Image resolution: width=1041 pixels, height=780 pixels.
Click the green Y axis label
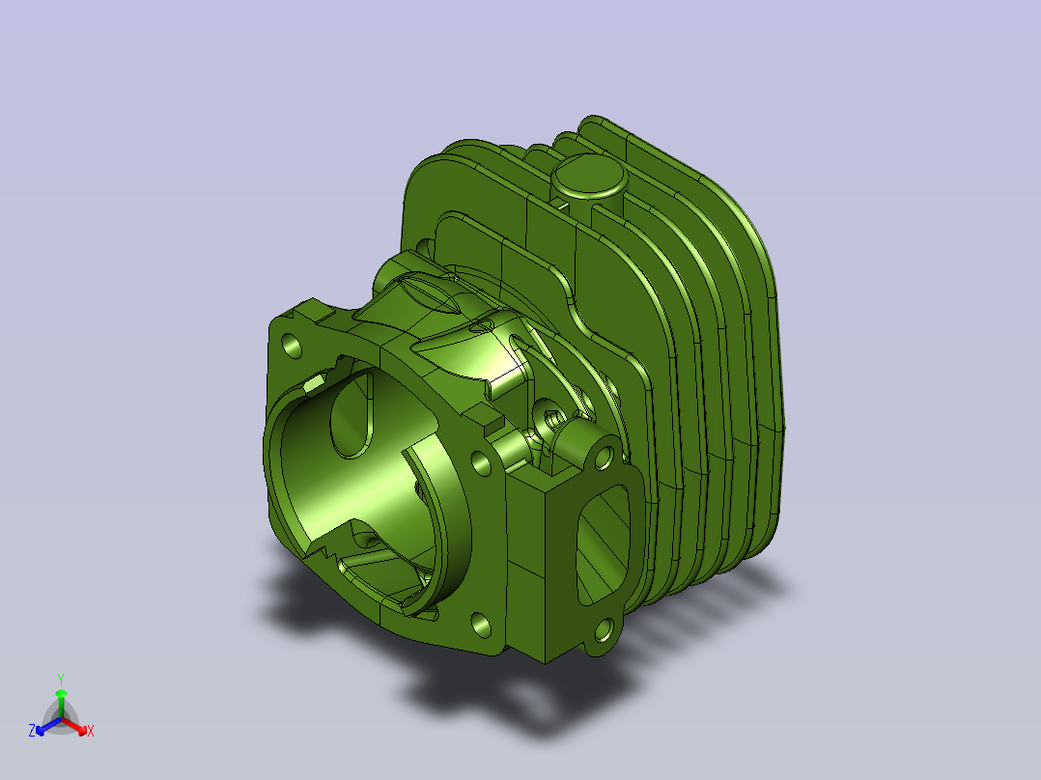tap(61, 679)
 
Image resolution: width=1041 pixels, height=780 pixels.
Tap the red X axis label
tap(91, 731)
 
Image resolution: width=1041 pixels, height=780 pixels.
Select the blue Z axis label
tap(32, 730)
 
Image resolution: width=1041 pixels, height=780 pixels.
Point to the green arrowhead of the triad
tap(61, 692)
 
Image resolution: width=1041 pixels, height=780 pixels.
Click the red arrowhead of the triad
tap(82, 730)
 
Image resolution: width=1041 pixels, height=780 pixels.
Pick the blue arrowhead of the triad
tap(41, 730)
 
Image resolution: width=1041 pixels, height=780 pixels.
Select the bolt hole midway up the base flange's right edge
tap(481, 462)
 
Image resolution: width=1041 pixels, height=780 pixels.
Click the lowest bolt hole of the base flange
tap(481, 625)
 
